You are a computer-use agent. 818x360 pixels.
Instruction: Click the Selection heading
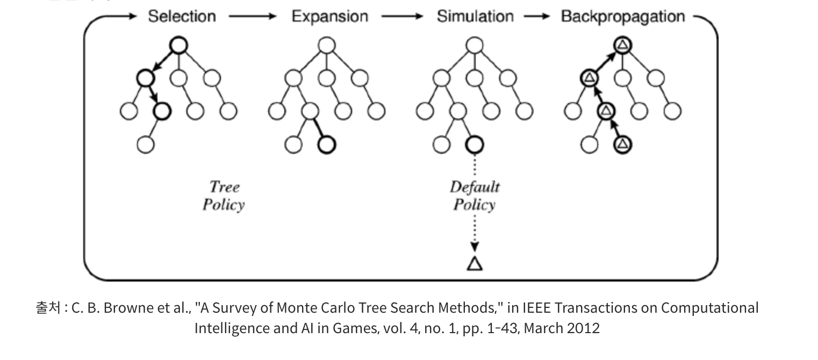pos(182,17)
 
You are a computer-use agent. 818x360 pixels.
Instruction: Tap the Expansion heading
pos(329,17)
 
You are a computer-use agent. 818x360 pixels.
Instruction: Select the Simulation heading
pos(475,17)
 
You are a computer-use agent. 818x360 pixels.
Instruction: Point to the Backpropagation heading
pos(622,17)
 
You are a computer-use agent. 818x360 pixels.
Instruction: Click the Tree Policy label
pos(224,196)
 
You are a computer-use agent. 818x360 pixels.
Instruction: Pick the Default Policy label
pos(474,196)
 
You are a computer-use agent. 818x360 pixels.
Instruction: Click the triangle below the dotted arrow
pos(474,263)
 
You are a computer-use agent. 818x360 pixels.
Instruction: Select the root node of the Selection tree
pos(178,46)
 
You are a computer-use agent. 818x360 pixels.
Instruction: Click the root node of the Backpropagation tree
pos(622,46)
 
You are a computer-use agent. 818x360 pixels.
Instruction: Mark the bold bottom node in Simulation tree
pos(474,144)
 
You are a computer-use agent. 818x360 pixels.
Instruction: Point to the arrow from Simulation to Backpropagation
pos(536,17)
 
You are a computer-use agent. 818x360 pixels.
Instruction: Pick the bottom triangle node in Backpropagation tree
pos(622,144)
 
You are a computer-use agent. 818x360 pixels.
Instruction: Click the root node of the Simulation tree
pos(474,46)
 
